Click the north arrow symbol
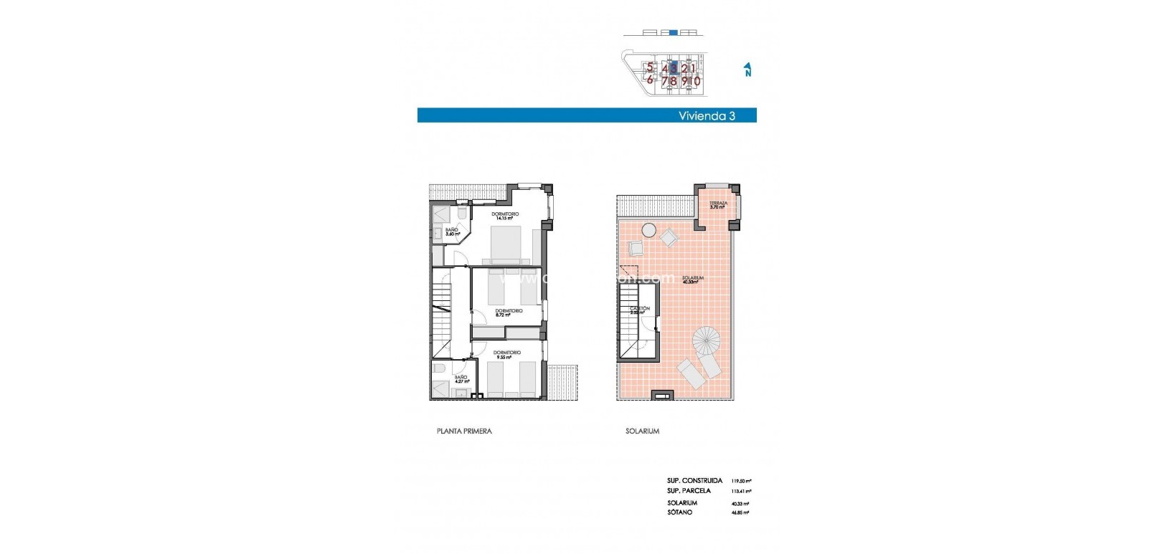pyautogui.click(x=747, y=69)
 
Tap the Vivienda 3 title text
pyautogui.click(x=707, y=115)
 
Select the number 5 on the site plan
pyautogui.click(x=650, y=68)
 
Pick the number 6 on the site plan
pyautogui.click(x=650, y=80)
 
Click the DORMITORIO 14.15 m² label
pyautogui.click(x=505, y=216)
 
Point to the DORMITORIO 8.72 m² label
pyautogui.click(x=509, y=312)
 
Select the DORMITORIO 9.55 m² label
pyautogui.click(x=506, y=355)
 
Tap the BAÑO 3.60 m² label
pyautogui.click(x=452, y=231)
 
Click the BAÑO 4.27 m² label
pyautogui.click(x=461, y=379)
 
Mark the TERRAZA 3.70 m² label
pyautogui.click(x=718, y=205)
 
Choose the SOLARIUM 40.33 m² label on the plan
pyautogui.click(x=692, y=280)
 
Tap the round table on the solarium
pyautogui.click(x=648, y=230)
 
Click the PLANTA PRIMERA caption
pyautogui.click(x=464, y=431)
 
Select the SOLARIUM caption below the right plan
pyautogui.click(x=642, y=431)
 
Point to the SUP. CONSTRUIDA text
pyautogui.click(x=694, y=481)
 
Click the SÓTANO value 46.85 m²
pyautogui.click(x=740, y=513)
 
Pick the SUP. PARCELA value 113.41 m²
pyautogui.click(x=740, y=492)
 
